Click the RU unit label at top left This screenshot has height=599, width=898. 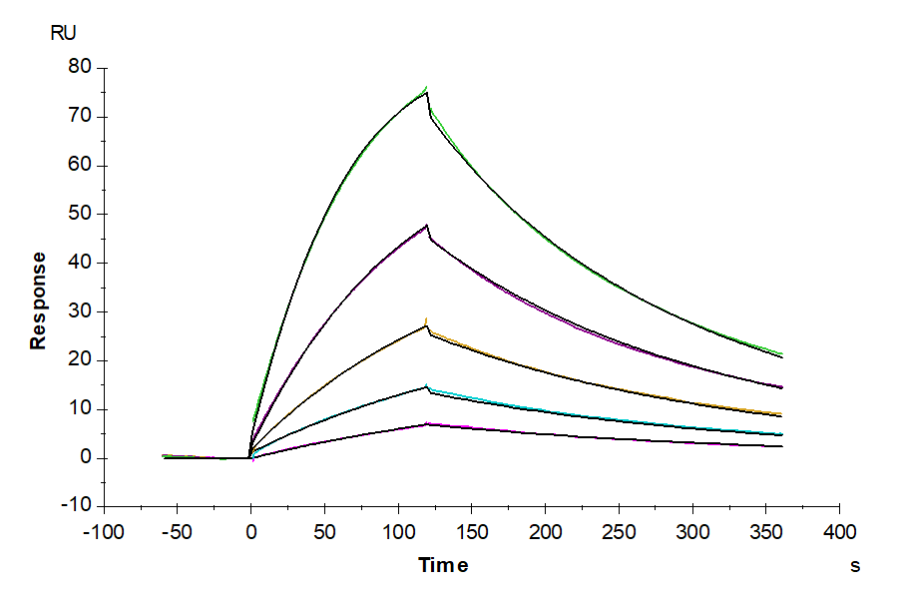[63, 32]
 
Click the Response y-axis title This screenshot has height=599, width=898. [38, 300]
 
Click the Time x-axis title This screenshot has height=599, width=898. [443, 566]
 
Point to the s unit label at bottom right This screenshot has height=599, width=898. [855, 566]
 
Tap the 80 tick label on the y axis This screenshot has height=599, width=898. [79, 68]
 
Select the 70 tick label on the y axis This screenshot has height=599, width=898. [79, 117]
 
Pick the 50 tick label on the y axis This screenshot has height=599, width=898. [79, 214]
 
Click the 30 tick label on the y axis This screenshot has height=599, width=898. [79, 311]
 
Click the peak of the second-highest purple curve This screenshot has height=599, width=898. [427, 225]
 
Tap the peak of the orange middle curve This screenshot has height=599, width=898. [427, 320]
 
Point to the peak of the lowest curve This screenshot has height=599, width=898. [427, 423]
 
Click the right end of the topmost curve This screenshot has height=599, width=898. [781, 354]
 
